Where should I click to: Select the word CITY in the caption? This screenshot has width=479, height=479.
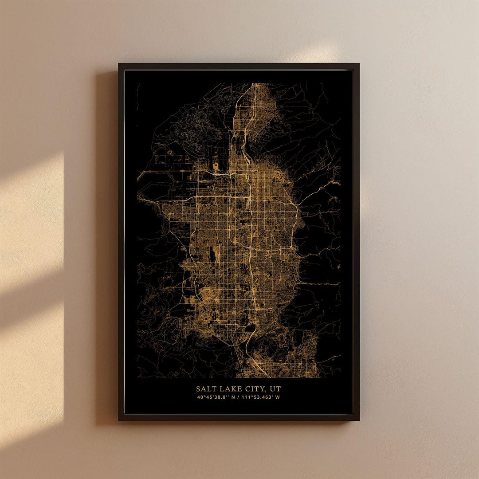(254, 389)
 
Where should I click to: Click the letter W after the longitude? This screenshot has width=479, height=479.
(278, 397)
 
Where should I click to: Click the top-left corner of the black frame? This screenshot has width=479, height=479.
(119, 64)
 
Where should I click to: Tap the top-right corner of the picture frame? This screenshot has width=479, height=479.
(359, 64)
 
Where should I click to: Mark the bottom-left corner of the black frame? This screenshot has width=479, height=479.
(119, 420)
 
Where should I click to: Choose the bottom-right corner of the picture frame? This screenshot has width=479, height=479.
(359, 420)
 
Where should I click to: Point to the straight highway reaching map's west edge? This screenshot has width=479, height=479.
(146, 171)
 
